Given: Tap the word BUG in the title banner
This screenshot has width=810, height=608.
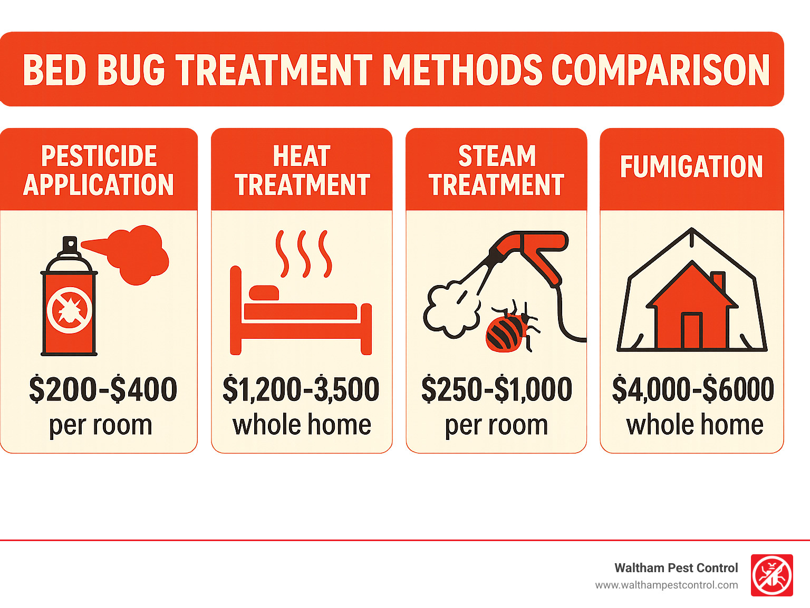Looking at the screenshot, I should pyautogui.click(x=131, y=70).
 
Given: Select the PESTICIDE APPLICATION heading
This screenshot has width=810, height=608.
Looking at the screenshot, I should pyautogui.click(x=99, y=170).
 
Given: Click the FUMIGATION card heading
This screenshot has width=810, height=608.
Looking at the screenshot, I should pyautogui.click(x=691, y=166).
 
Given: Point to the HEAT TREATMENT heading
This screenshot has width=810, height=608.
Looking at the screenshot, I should pyautogui.click(x=302, y=170).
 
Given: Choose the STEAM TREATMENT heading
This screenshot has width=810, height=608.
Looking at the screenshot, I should pyautogui.click(x=496, y=170).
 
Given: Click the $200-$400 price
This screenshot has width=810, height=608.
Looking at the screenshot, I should pyautogui.click(x=103, y=389).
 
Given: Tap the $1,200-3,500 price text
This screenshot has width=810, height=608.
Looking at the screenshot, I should pyautogui.click(x=301, y=389).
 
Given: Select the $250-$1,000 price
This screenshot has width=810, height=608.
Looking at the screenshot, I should pyautogui.click(x=496, y=389).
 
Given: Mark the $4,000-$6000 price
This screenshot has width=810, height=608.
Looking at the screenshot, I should pyautogui.click(x=692, y=389).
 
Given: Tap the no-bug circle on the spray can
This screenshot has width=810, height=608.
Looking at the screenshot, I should pyautogui.click(x=69, y=310).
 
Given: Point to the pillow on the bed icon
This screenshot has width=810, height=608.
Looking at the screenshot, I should pyautogui.click(x=264, y=293).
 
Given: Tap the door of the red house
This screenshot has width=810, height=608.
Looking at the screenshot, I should pyautogui.click(x=691, y=330).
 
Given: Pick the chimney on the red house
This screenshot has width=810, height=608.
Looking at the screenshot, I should pyautogui.click(x=718, y=280).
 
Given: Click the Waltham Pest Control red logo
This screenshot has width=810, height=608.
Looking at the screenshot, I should pyautogui.click(x=772, y=575).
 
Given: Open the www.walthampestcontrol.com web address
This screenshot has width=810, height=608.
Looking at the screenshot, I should pyautogui.click(x=666, y=585).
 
